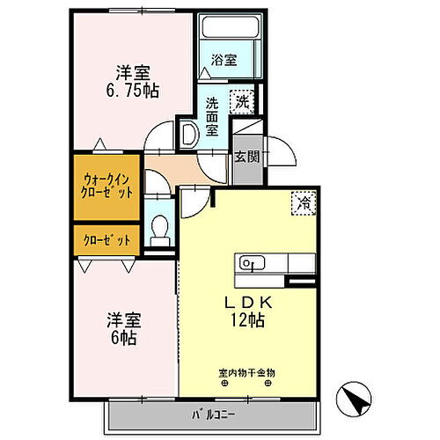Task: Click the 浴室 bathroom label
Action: [224, 61]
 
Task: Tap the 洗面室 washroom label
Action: [212, 114]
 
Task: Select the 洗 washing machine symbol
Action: [241, 102]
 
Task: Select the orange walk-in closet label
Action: [106, 187]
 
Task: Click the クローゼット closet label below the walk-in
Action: [106, 239]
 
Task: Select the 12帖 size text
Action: [247, 322]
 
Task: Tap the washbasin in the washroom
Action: [188, 134]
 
